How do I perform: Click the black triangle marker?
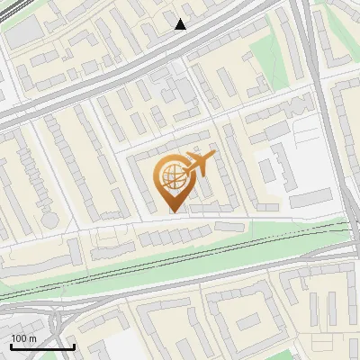[x=181, y=24]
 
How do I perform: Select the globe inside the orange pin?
[x=171, y=178]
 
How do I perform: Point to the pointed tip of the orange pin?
[x=173, y=211]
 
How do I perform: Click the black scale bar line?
[x=42, y=347]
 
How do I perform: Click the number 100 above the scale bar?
[x=20, y=338]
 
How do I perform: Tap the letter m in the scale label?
[x=33, y=338]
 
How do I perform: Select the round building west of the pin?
[x=48, y=219]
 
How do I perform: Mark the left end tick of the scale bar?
[x=11, y=346]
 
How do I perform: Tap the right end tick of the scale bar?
[x=74, y=346]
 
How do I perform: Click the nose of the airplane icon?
[x=214, y=158]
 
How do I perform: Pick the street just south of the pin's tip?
[x=173, y=221]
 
